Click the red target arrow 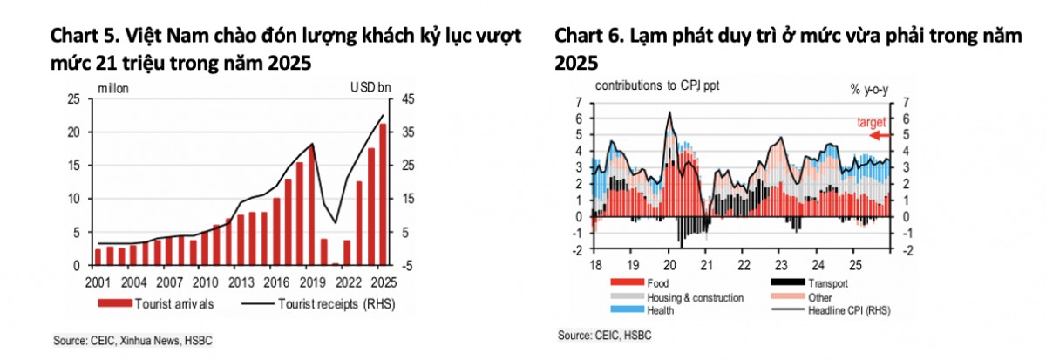(x=880, y=135)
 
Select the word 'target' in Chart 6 (x=871, y=122)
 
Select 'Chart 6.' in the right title (x=589, y=37)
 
